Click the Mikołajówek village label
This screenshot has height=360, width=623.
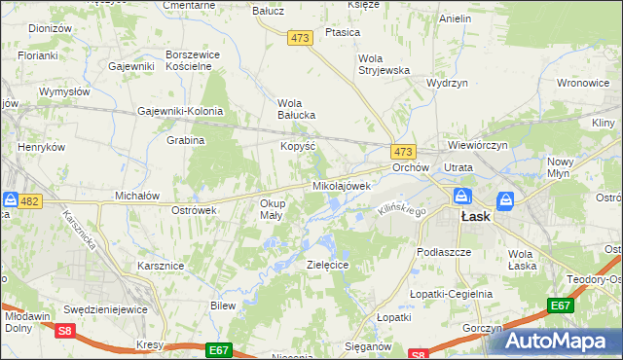(x=342, y=185)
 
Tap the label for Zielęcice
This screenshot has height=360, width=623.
(x=328, y=264)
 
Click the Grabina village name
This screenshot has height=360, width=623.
(x=185, y=140)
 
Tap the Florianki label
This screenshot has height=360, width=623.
(x=36, y=56)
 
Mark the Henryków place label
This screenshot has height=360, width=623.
(x=41, y=147)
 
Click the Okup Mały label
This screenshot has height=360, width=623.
(x=272, y=209)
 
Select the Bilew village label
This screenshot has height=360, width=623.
(x=224, y=306)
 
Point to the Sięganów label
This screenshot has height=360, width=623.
(x=369, y=345)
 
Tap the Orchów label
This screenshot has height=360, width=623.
(x=411, y=167)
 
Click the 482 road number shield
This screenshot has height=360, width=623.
(x=30, y=201)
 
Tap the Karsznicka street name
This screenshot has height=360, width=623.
(x=80, y=231)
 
